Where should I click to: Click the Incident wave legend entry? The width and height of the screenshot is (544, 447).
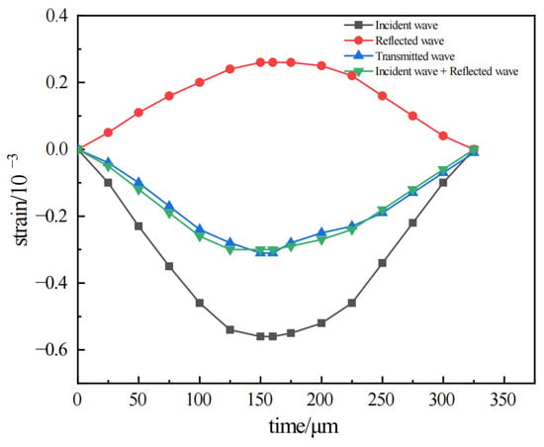tap(391, 25)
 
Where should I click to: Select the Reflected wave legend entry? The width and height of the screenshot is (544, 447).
tap(394, 41)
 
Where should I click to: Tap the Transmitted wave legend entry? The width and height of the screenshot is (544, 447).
tap(400, 55)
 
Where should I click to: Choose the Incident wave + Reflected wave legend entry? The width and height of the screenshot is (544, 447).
tap(431, 71)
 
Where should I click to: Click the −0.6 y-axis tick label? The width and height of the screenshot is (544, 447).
tap(52, 349)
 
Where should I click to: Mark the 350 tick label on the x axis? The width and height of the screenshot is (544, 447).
tap(503, 400)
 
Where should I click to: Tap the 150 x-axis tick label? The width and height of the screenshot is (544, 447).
tap(260, 400)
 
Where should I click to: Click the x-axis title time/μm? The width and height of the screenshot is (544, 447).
tap(304, 426)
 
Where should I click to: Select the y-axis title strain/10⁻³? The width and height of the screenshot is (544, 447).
tap(20, 200)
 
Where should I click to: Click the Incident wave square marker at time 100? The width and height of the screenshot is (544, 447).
tap(200, 303)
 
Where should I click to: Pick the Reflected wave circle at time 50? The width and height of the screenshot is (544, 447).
tap(138, 113)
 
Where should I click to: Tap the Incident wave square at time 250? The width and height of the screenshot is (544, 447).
tap(383, 263)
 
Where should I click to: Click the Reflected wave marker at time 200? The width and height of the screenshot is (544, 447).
tap(321, 65)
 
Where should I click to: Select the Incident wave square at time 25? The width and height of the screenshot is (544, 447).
tap(108, 183)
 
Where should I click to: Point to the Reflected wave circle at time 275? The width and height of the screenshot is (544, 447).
tap(412, 116)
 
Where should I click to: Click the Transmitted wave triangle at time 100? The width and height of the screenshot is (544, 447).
tap(200, 228)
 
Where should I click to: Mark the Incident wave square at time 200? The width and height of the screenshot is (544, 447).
tap(321, 323)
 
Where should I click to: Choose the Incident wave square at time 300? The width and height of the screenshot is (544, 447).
tap(443, 183)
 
